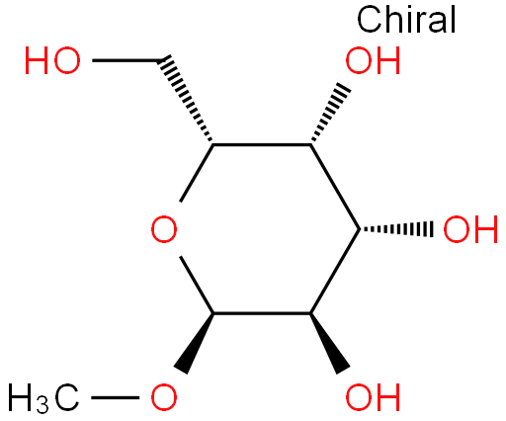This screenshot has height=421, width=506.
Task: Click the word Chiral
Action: coord(406,19)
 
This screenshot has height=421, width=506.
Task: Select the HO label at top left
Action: coord(52,60)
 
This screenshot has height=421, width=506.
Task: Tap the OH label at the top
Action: coord(373,60)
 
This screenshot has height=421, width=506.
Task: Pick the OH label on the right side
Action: coord(470,229)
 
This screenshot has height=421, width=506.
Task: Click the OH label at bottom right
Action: coord(373,397)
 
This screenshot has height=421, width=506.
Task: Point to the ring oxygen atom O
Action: coord(164,229)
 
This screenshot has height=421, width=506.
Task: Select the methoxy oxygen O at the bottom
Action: coord(164,397)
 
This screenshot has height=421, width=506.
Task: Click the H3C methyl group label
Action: coord(43,398)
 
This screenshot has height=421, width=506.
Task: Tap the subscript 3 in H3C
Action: coord(42,405)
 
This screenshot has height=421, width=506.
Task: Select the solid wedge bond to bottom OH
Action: coord(329,343)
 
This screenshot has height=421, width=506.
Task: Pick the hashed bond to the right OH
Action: coord(396,229)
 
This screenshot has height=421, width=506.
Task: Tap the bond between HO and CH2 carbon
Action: coord(126,60)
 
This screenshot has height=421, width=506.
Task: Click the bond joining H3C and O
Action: coord(115,397)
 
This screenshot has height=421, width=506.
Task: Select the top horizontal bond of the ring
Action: coord(262,144)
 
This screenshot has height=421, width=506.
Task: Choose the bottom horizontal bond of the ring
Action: coord(262,313)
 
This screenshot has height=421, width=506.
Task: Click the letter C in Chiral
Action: coord(369,20)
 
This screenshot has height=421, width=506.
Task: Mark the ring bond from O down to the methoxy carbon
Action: coord(197,285)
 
